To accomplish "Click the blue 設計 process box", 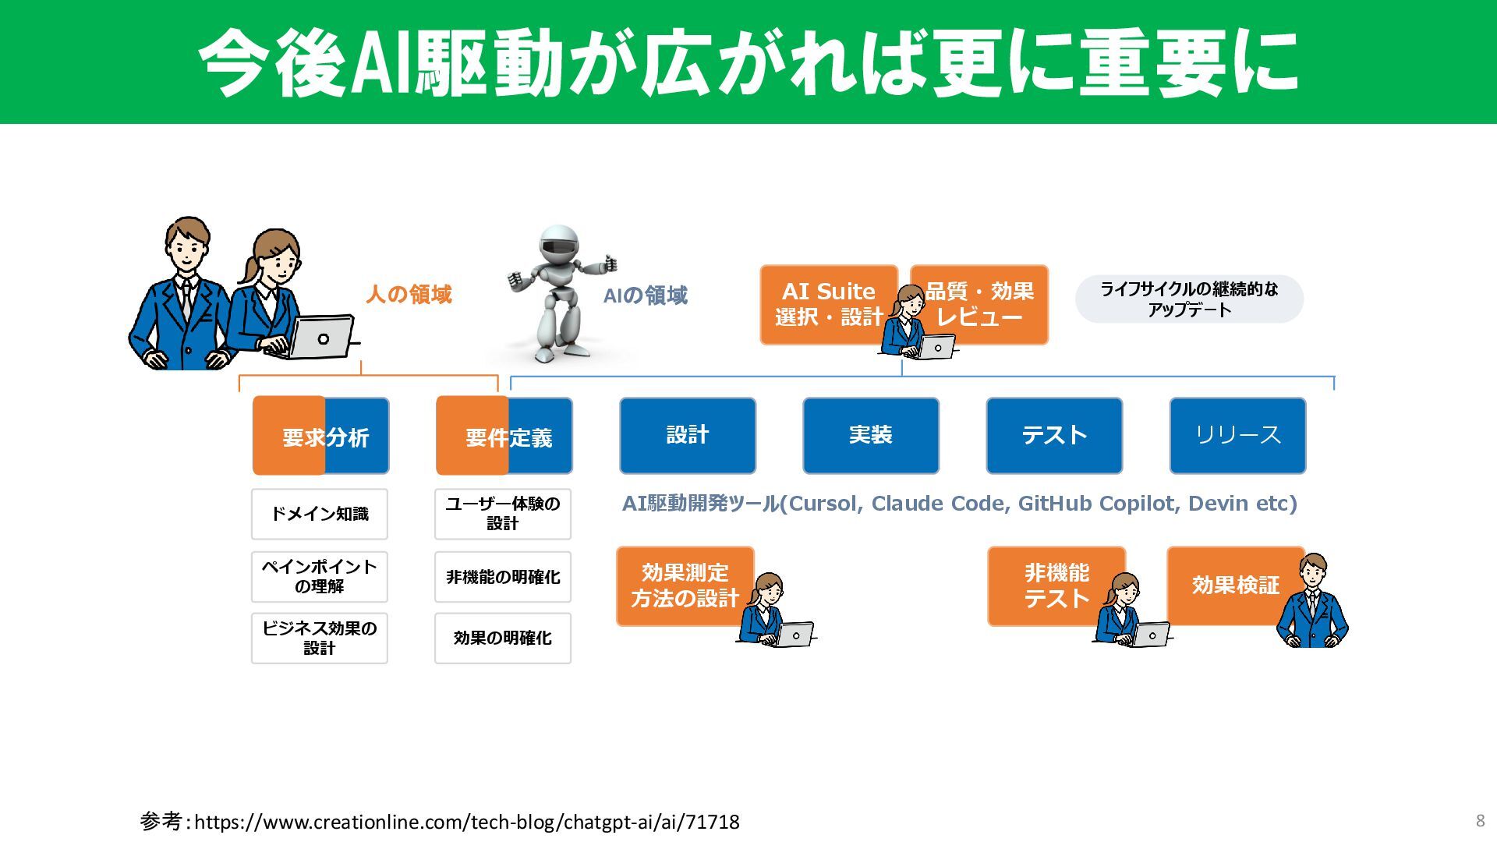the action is [x=687, y=435].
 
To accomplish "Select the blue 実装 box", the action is [x=870, y=435].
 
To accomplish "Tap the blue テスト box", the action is [x=1053, y=435].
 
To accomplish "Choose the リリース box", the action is [x=1237, y=435].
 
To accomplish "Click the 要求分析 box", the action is [x=320, y=436].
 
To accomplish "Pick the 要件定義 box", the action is [x=504, y=436].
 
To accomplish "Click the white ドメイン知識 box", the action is [x=319, y=514].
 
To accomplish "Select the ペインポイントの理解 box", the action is [x=319, y=576].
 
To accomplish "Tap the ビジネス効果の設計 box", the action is [x=319, y=638].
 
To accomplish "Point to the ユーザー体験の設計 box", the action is [x=502, y=514].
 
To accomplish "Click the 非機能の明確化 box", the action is [x=502, y=577].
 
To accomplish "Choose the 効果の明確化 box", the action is [x=502, y=638].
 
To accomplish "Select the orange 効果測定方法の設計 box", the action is [x=684, y=586].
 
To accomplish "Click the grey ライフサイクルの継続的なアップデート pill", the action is [x=1188, y=299].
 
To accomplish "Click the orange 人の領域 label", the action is [x=409, y=295].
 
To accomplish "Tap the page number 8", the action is [x=1480, y=820].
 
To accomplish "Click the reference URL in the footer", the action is [x=466, y=822].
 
